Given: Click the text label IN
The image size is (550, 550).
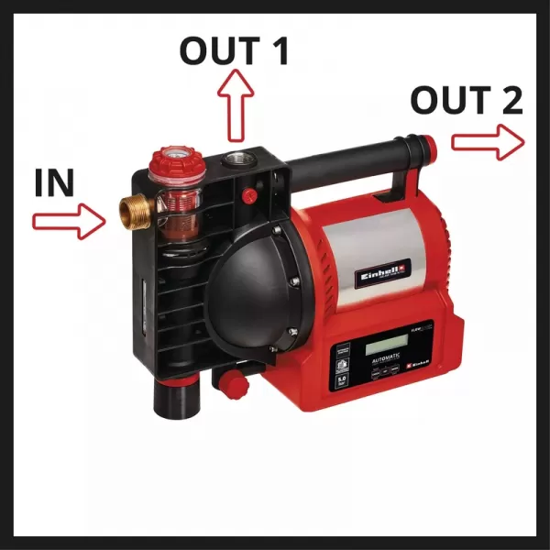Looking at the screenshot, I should tap(53, 182).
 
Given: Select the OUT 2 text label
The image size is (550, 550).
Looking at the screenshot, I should tap(467, 100).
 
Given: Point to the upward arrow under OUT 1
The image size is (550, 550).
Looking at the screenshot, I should tap(235, 104).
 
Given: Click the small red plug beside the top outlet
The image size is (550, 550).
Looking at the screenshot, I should tap(249, 194).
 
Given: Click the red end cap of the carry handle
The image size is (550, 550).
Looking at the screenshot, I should tap(423, 146).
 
